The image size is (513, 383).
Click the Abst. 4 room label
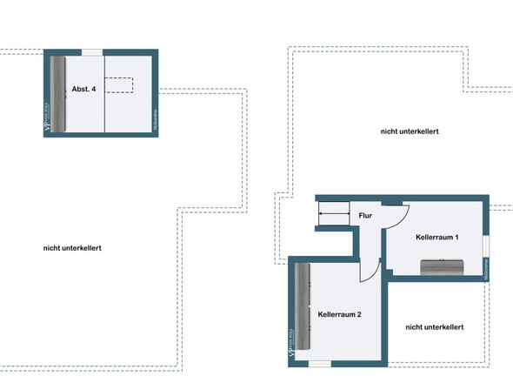coord(83,90)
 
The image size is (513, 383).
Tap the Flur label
coord(366,216)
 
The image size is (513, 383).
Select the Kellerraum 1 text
coord(437,237)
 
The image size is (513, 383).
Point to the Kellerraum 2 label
coord(339,313)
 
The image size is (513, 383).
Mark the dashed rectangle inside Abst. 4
coord(119,84)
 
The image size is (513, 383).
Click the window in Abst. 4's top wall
coord(90,53)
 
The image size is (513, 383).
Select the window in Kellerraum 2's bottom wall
coord(320,362)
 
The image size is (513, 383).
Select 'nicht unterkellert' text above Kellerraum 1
coord(409,131)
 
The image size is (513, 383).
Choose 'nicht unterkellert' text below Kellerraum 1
coord(434,327)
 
